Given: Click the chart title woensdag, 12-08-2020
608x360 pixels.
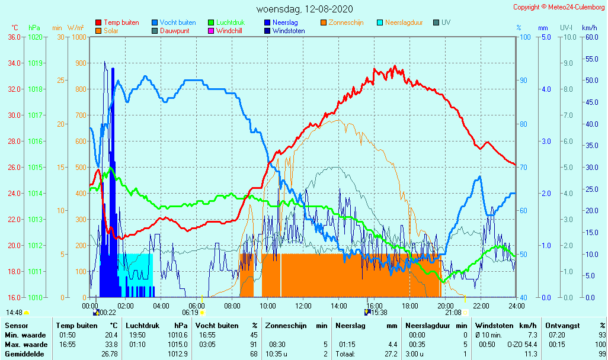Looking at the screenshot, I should click(305, 9).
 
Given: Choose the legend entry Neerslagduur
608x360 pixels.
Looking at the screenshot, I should click(404, 22).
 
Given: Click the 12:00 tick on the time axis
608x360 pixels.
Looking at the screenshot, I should click(303, 306).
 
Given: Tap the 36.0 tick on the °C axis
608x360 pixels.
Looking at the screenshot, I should click(14, 37).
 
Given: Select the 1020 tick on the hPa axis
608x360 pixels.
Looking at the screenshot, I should click(35, 37).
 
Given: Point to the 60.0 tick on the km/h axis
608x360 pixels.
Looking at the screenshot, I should click(590, 37).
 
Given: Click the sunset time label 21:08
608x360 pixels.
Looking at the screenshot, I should click(453, 312).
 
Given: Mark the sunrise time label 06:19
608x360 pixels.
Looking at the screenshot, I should click(190, 312).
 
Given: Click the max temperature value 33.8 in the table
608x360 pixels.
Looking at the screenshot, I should click(111, 344).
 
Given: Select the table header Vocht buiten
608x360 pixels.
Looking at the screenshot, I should click(217, 326).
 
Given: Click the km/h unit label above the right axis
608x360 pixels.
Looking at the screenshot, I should click(589, 28).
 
